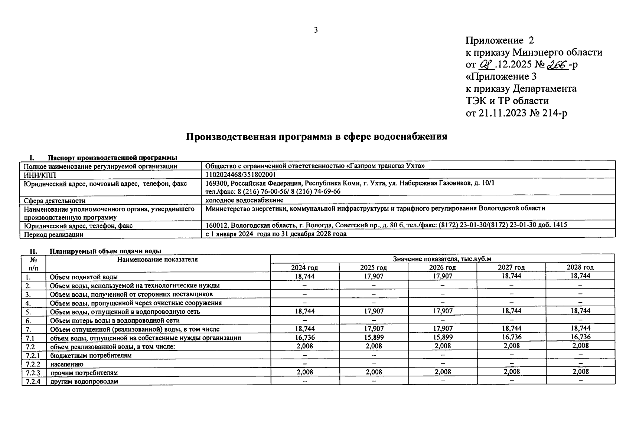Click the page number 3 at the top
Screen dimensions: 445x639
316,30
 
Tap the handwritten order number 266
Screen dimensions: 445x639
557,65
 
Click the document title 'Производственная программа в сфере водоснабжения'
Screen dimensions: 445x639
316,137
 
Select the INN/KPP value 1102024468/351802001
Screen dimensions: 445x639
241,175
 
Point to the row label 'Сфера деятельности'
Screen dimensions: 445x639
55,201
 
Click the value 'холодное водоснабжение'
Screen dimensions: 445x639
244,200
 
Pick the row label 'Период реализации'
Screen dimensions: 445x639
53,234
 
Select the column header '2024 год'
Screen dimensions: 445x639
304,267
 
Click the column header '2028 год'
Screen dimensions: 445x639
580,267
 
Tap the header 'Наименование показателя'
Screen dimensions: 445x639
157,260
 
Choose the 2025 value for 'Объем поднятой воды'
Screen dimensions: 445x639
374,276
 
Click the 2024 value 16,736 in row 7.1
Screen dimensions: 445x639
304,337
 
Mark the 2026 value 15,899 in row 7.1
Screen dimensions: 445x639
443,337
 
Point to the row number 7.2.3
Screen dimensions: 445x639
33,373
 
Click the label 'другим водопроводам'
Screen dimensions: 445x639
84,381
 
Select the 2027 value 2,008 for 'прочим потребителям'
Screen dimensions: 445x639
511,372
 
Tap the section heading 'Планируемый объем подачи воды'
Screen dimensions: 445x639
105,251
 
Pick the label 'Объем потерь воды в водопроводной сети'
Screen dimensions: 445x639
115,320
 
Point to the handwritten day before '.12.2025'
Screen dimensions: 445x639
486,65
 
